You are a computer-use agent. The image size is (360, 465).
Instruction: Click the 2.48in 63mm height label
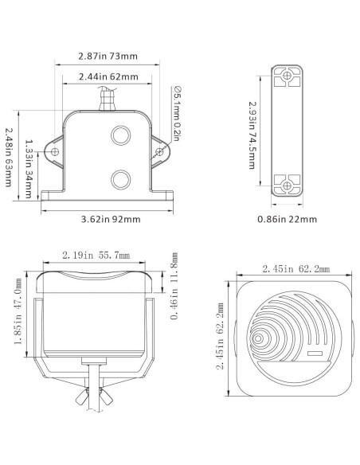[9, 157]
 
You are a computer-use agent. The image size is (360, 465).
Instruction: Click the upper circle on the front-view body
[121, 135]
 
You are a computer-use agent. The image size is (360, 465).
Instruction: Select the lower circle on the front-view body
[121, 178]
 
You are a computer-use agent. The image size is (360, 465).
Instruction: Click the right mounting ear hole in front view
[160, 151]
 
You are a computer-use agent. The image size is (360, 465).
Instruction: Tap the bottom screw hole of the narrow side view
[286, 185]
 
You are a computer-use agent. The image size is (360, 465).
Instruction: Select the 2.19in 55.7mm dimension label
[96, 256]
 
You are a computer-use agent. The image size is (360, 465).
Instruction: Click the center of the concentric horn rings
[258, 338]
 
